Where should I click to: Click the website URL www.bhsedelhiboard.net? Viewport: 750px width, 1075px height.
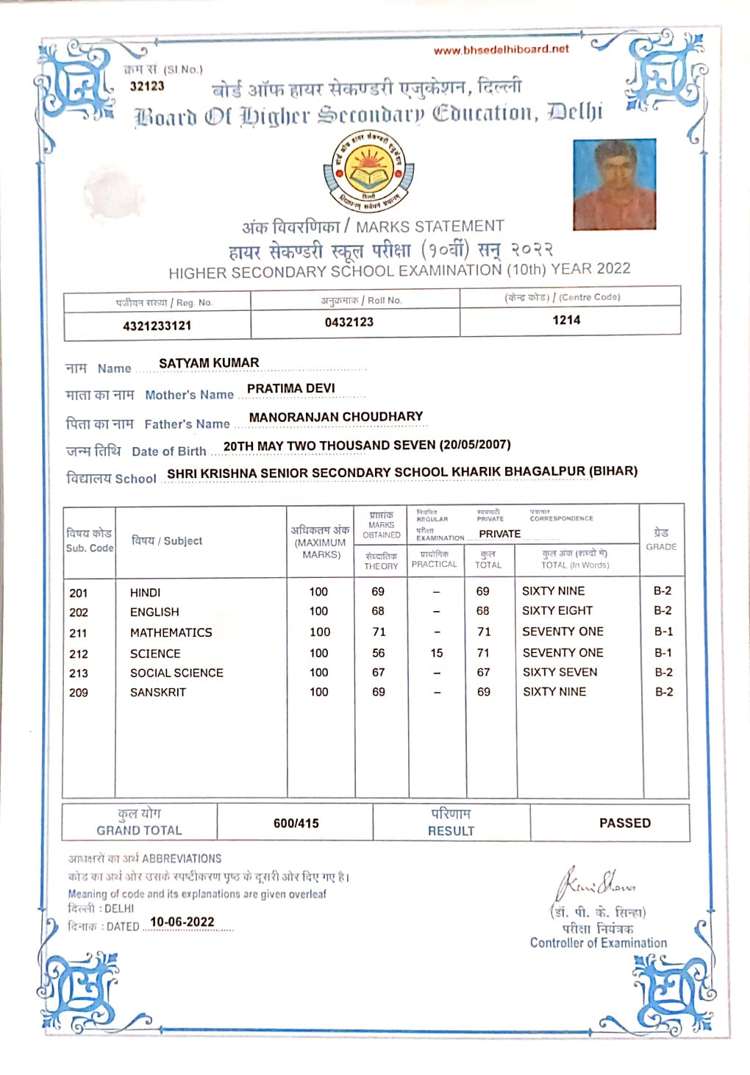pos(501,49)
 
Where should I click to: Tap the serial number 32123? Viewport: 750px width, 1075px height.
pos(147,86)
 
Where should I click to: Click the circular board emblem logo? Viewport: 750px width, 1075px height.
pos(368,171)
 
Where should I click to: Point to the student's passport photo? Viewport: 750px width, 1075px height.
pos(614,184)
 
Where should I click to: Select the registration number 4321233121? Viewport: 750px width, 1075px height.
pos(157,326)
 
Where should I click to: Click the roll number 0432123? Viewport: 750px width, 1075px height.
pos(349,322)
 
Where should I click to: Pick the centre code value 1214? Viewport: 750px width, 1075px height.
pos(566,320)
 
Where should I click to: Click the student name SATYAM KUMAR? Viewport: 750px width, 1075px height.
pos(209,362)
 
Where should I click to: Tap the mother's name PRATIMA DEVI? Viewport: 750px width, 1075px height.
pos(290,388)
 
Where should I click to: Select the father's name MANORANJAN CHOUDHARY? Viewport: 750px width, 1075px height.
pos(336,417)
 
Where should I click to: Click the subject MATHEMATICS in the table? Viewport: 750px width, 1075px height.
pos(171,632)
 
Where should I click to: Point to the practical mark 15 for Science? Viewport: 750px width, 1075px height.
pos(437,653)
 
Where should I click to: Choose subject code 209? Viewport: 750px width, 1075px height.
pos(79,693)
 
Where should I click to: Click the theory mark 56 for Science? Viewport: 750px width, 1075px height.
pos(379,653)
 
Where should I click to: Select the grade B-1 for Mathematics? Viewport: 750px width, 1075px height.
pos(663,632)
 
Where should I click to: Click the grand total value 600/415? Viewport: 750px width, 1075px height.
pos(296,824)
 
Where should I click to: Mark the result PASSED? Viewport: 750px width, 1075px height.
pos(625,823)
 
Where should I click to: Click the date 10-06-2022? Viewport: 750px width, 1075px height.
pos(182,922)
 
